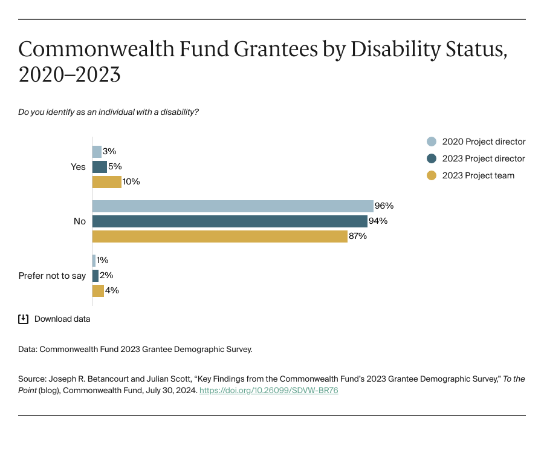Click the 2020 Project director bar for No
[233, 206]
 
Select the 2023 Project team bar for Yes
[107, 181]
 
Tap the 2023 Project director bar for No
[230, 221]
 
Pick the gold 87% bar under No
[220, 236]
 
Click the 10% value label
[131, 181]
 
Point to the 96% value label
[384, 206]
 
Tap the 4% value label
[112, 290]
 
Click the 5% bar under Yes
[100, 166]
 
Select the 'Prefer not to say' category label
[53, 276]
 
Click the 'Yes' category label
[79, 167]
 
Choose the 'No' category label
[80, 221]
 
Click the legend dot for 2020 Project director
[432, 142]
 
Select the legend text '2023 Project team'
[478, 175]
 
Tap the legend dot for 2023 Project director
[432, 158]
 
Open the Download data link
[62, 319]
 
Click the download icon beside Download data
[24, 319]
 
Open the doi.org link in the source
[268, 391]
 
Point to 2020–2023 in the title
[70, 75]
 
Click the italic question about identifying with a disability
[109, 112]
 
